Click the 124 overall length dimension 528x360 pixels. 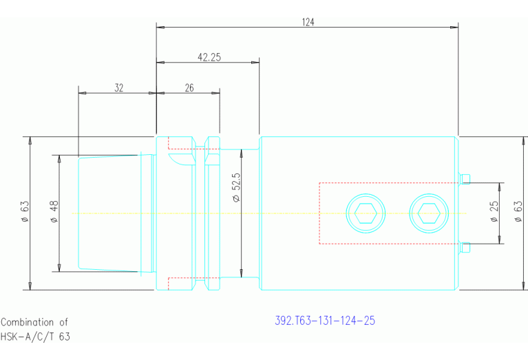point(308,22)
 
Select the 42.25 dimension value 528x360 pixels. point(209,57)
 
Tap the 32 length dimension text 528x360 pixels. point(119,88)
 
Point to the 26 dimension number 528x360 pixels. point(189,88)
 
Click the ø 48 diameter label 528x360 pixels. point(54,211)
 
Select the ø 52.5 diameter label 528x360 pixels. point(236,187)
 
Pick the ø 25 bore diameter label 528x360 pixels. point(494,211)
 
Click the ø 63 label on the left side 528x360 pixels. point(25,211)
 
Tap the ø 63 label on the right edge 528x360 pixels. point(518,211)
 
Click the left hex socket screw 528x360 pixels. point(366,213)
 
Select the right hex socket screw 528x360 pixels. point(429,213)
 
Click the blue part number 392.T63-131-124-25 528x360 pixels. point(325,320)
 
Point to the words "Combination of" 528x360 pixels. point(34,322)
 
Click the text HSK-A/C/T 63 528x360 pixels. point(35,337)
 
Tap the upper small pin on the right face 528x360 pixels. point(465,179)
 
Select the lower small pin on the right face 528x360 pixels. point(465,248)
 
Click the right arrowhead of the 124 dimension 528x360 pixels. point(454,28)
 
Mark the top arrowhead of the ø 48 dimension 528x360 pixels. point(59,159)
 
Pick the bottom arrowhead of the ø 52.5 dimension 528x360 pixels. point(241,273)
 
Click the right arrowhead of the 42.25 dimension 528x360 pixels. point(255,63)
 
